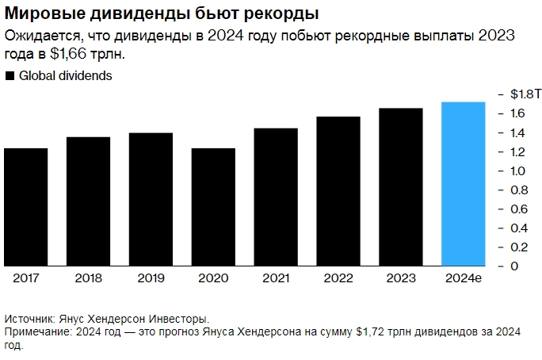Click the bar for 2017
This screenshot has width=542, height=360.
click(26, 207)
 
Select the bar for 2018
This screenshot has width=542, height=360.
click(88, 201)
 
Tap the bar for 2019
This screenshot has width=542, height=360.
click(151, 199)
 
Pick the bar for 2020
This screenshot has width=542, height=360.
click(213, 207)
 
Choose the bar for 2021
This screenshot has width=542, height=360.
click(276, 197)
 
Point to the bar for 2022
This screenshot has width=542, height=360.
click(338, 191)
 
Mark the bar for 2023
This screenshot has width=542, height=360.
click(401, 187)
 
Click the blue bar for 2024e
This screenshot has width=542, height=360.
click(463, 184)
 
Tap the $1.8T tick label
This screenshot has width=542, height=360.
click(525, 94)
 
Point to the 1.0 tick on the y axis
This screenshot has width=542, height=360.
click(518, 170)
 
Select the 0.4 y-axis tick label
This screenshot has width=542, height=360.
click(518, 228)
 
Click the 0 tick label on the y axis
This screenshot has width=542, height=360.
click(514, 266)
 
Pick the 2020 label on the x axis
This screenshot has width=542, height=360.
click(213, 278)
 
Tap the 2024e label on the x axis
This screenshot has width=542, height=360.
click(463, 278)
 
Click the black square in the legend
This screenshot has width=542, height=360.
click(10, 77)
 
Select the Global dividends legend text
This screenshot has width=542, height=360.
click(65, 77)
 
